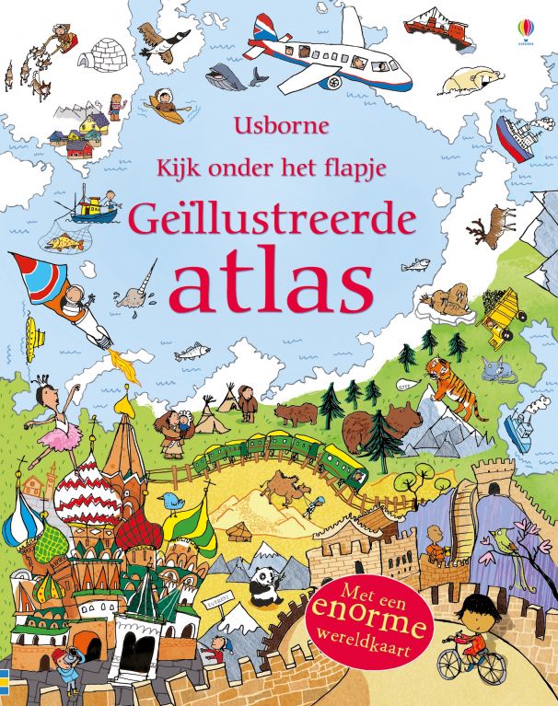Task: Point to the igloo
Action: point(99,56)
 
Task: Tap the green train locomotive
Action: point(346,461)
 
